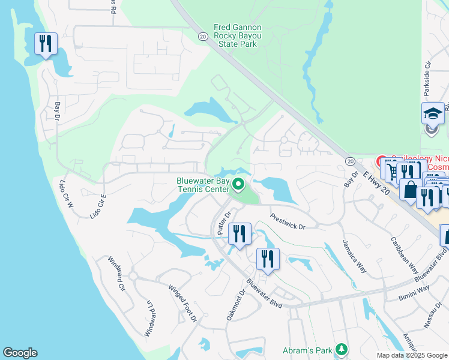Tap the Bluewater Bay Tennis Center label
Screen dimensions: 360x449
click(x=202, y=185)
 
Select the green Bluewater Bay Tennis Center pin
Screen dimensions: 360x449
click(x=239, y=185)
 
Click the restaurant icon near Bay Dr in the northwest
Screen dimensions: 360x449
click(x=46, y=44)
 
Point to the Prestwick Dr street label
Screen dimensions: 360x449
click(x=288, y=222)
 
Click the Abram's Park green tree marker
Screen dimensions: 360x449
click(x=342, y=349)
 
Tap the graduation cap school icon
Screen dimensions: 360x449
click(x=432, y=113)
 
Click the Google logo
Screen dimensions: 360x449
click(x=20, y=353)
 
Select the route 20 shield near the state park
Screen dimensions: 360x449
click(x=203, y=37)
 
